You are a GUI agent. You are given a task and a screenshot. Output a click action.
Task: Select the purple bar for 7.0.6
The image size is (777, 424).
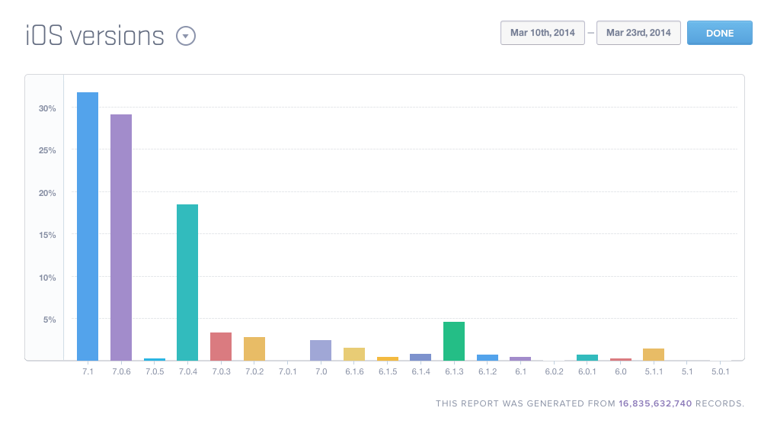point(121,237)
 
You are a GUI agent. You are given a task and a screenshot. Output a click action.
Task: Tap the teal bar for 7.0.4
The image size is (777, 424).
point(187,282)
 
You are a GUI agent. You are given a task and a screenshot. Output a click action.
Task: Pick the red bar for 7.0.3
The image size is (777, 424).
point(221,346)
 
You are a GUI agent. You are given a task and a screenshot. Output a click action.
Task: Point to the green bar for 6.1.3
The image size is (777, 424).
point(454,341)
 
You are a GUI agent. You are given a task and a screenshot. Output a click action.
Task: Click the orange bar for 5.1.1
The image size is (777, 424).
point(654,354)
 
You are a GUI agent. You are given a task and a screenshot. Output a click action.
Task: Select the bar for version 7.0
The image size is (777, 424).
point(321,350)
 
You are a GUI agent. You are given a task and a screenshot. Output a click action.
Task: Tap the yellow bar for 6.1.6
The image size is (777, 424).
point(354,354)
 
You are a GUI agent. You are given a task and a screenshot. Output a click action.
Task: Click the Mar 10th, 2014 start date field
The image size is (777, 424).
point(542,33)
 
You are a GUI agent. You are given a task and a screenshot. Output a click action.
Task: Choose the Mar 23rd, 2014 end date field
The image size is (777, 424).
point(638,33)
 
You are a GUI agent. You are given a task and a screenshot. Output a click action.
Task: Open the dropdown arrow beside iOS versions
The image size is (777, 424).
point(186,36)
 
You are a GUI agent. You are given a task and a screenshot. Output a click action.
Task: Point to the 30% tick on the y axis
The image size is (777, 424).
point(47,108)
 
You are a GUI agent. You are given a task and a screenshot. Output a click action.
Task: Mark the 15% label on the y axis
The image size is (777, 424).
point(47,235)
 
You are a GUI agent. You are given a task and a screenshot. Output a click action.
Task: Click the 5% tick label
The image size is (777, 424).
point(50,320)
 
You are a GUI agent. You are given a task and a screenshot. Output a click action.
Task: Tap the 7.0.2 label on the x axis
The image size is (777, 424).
point(254,371)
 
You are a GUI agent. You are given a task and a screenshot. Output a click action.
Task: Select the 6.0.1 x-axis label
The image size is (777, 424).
point(587,371)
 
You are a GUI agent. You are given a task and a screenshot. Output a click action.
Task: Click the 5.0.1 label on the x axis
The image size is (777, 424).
point(721,371)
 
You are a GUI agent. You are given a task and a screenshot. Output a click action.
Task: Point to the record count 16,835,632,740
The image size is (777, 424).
point(655,403)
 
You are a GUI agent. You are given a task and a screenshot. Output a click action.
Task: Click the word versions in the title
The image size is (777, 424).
point(117,36)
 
